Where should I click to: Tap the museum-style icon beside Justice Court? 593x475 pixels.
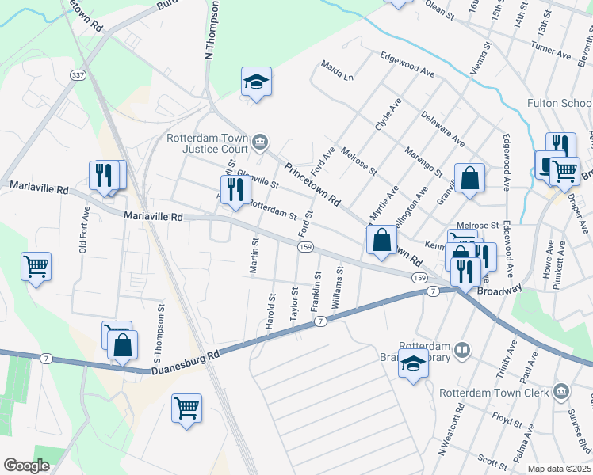click(x=260, y=143)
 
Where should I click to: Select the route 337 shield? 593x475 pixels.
click(x=78, y=75)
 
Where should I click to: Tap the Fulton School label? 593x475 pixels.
click(x=560, y=104)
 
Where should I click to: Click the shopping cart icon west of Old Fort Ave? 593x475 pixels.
click(x=36, y=266)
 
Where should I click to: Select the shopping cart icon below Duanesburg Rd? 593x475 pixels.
click(x=186, y=408)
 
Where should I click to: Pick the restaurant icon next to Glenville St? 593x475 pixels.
click(x=235, y=190)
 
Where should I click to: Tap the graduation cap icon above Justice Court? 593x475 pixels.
click(x=256, y=81)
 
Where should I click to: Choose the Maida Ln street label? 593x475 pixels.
click(x=338, y=70)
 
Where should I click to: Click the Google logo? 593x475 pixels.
click(x=26, y=465)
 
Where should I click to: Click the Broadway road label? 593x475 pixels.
click(x=499, y=291)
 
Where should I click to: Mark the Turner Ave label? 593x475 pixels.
click(x=552, y=53)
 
